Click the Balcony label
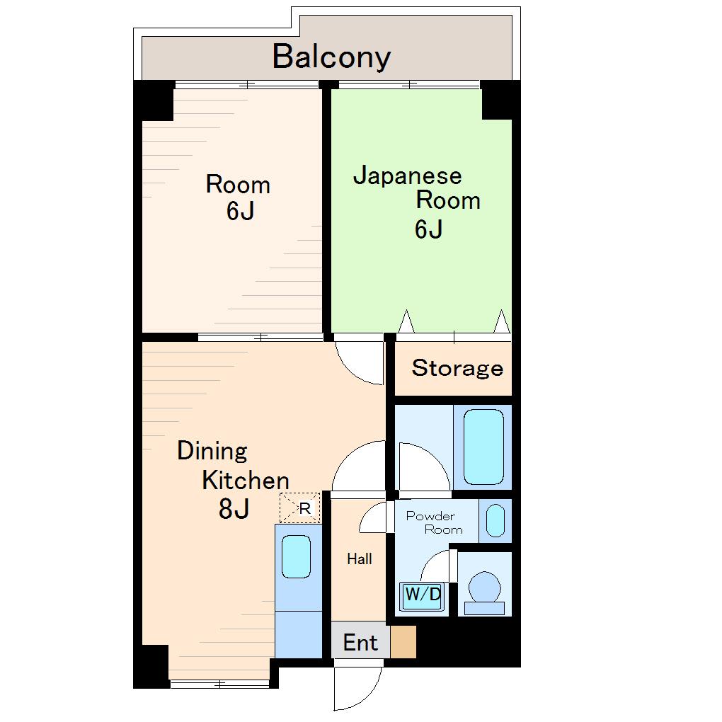(331, 57)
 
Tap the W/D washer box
(423, 596)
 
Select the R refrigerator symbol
(299, 508)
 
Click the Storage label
(457, 368)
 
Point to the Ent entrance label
(360, 643)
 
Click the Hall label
(360, 559)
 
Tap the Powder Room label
(435, 523)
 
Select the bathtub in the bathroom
(483, 447)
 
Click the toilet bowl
(484, 587)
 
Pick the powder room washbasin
(495, 521)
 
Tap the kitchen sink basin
(296, 556)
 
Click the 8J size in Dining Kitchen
(234, 509)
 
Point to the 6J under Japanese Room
(429, 229)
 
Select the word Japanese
(408, 176)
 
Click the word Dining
(212, 452)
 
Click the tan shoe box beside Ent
(403, 641)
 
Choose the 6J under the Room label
(241, 211)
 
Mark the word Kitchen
(246, 481)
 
